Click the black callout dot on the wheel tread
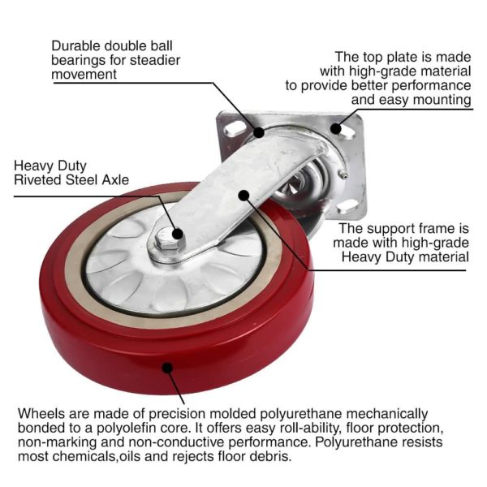pos(167,368)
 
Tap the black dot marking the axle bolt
pos(178,234)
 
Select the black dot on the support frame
pos(244,195)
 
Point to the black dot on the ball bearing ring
pos(259,132)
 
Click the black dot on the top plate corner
pos(336,128)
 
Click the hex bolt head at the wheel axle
pos(166,240)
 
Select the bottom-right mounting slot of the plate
pos(347,206)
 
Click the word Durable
pos(75,46)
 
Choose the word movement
pos(84,75)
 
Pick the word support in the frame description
pos(390,229)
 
